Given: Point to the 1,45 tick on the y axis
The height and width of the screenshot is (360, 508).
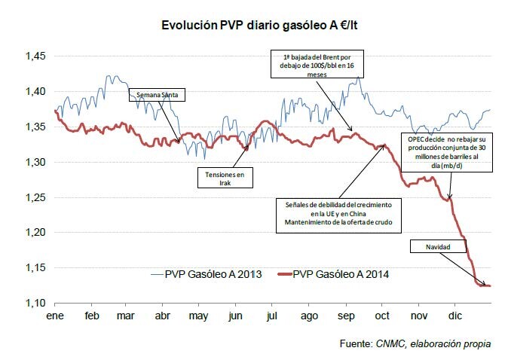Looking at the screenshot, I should (x=35, y=56).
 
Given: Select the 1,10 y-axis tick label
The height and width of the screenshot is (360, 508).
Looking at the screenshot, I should (x=35, y=303).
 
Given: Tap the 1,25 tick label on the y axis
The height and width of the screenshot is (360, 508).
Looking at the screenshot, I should (x=35, y=197).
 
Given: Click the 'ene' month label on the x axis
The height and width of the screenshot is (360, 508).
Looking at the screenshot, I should (x=55, y=316).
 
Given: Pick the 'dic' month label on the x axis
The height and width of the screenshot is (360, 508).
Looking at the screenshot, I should (x=455, y=316).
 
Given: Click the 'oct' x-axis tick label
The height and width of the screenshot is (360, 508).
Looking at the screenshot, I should (x=382, y=316).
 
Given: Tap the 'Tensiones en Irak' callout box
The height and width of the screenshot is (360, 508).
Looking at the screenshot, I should (x=225, y=178).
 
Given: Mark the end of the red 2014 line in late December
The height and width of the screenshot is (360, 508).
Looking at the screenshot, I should (x=491, y=285).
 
